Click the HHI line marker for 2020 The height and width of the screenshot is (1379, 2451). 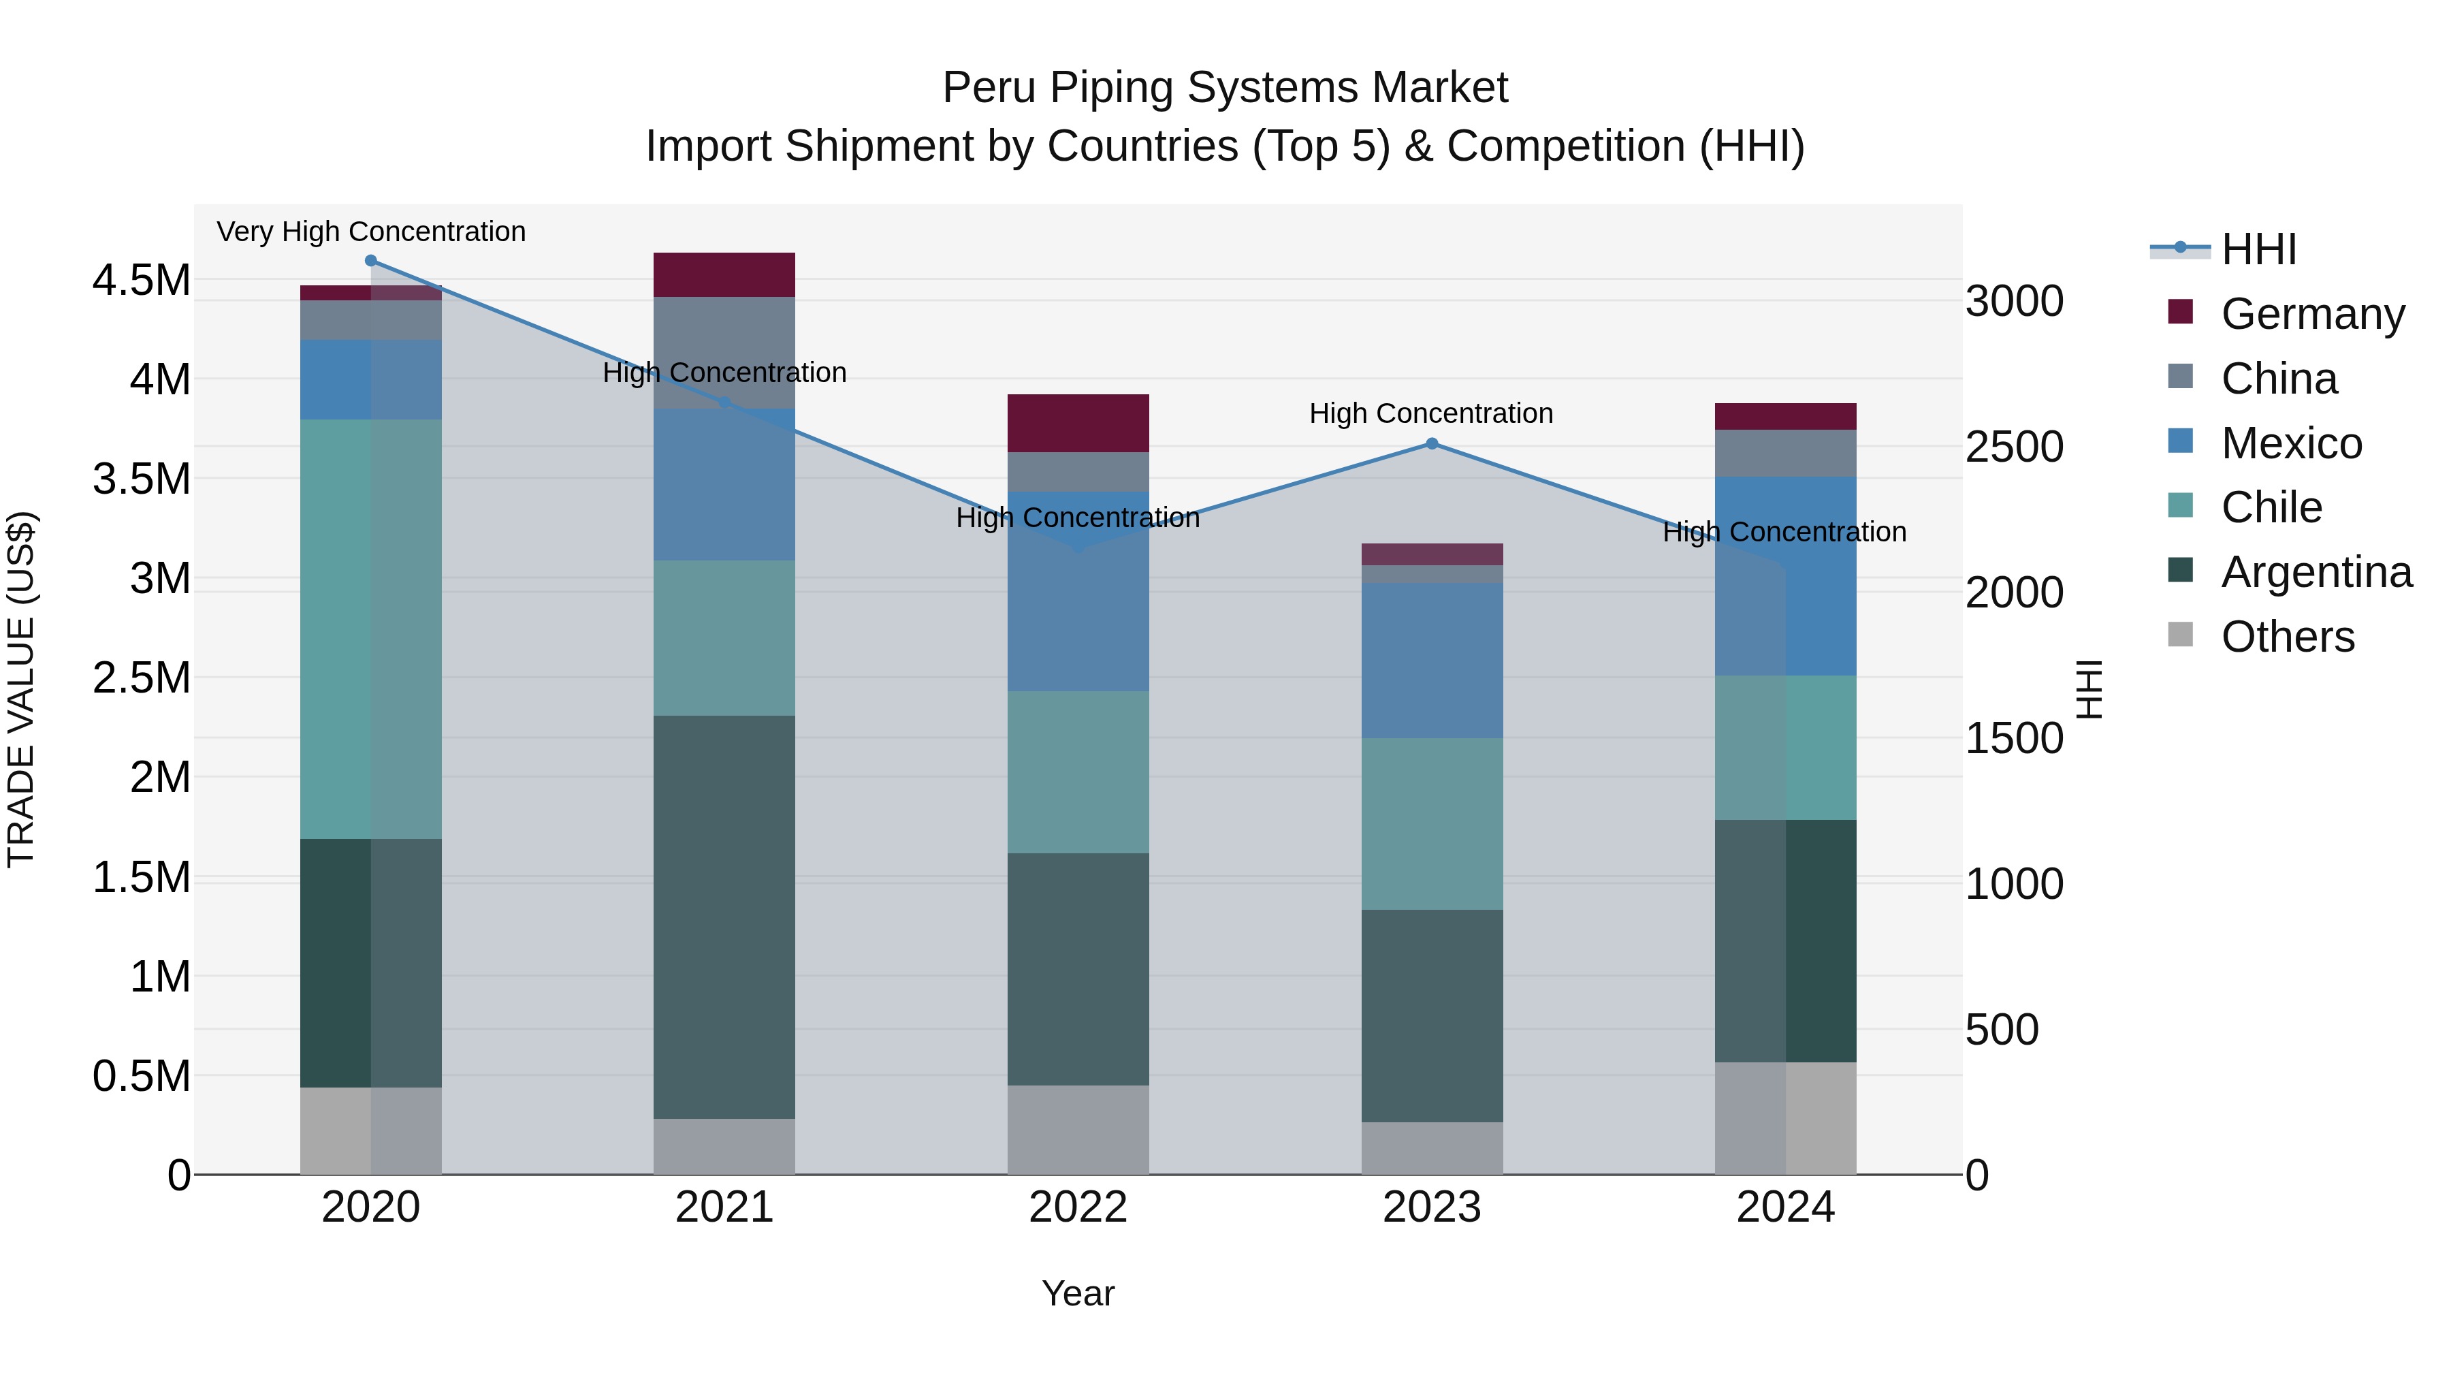click(x=371, y=261)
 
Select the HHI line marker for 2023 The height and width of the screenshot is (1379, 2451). click(x=1432, y=443)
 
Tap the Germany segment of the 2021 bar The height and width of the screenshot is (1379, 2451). click(x=724, y=275)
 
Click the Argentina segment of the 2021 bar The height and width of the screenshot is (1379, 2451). click(x=724, y=917)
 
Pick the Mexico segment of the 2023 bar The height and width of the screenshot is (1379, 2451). click(x=1432, y=661)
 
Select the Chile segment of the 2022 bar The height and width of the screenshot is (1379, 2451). click(x=1078, y=772)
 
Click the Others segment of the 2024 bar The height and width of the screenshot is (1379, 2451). click(x=1786, y=1118)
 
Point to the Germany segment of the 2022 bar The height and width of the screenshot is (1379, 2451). click(x=1078, y=422)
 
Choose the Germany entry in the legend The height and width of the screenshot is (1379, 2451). click(x=2312, y=314)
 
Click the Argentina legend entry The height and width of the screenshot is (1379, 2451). click(x=2316, y=572)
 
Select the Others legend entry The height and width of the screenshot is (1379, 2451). click(x=2288, y=637)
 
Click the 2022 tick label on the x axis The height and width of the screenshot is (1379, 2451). click(x=1078, y=1207)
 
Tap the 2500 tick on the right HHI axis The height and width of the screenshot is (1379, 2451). click(x=2015, y=447)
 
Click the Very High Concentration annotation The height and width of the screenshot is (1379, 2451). click(x=371, y=232)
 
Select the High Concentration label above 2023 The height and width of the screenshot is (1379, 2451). click(x=1431, y=413)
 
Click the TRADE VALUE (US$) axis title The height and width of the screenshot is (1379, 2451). click(x=21, y=689)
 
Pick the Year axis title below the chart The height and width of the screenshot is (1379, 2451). click(x=1078, y=1293)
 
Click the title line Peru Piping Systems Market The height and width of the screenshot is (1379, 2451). click(x=1225, y=88)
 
